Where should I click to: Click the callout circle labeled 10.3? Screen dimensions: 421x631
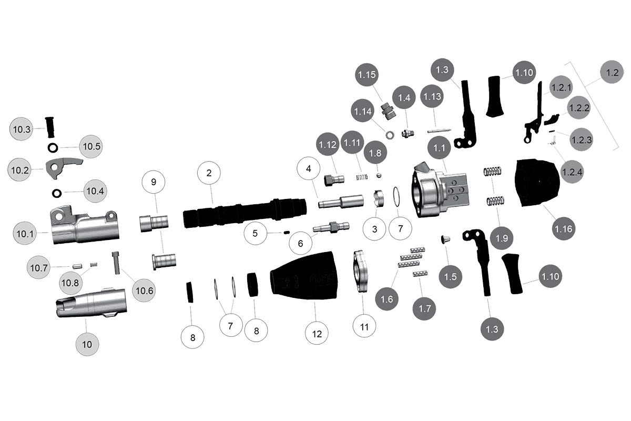[x=23, y=128]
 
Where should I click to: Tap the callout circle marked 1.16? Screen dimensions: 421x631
[x=563, y=228]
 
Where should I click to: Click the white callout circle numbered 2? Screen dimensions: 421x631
[x=209, y=173]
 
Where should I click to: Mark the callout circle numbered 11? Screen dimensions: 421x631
[x=364, y=326]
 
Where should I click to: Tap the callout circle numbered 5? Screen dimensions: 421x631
[x=256, y=233]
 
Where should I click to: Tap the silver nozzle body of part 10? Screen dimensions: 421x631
[x=92, y=304]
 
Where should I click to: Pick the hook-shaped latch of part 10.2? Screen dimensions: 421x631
[x=62, y=165]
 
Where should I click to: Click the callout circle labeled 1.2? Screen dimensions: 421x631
[x=611, y=74]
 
